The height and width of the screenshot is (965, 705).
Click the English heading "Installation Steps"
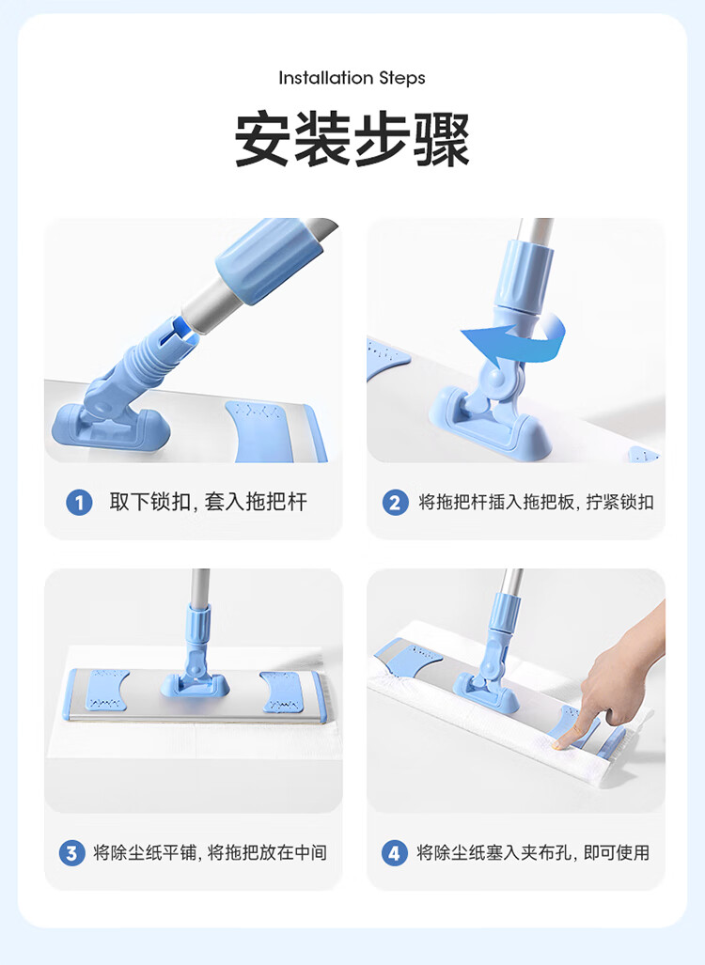pos(352,78)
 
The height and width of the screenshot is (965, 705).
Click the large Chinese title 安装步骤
pos(352,139)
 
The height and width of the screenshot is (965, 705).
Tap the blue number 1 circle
pos(79,502)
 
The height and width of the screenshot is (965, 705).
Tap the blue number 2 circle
pos(395,502)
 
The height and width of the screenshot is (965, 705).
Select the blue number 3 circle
pos(72,853)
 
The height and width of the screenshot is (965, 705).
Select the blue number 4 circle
pos(395,853)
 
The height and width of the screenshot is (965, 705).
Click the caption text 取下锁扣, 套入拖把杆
pos(208,502)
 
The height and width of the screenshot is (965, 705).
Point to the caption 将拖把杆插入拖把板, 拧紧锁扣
pos(537,502)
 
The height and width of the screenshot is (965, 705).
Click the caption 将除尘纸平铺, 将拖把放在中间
pos(210,852)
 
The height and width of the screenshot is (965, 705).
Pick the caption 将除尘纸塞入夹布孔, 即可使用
pos(533,852)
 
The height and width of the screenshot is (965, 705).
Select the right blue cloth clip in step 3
pos(282,692)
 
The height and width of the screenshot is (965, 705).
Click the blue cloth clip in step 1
pos(271,430)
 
